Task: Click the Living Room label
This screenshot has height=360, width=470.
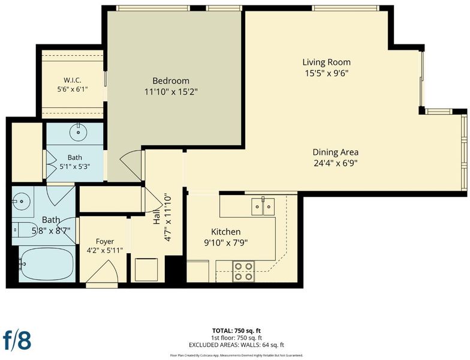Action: tap(326, 62)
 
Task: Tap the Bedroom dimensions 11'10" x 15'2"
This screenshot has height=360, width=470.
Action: tap(171, 92)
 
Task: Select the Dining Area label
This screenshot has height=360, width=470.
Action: tap(336, 152)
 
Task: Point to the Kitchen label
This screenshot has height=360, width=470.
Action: tap(225, 232)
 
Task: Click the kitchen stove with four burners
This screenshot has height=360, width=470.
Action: tap(243, 271)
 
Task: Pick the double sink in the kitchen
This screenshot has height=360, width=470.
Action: tap(263, 206)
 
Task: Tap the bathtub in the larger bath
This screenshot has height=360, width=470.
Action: tap(47, 264)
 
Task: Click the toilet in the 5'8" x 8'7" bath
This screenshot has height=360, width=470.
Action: tap(24, 230)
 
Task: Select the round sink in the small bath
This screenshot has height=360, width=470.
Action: tap(78, 132)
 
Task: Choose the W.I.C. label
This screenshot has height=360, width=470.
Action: tap(72, 80)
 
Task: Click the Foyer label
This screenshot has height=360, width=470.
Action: tap(105, 241)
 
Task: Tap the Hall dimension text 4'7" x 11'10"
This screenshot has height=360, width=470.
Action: tap(167, 217)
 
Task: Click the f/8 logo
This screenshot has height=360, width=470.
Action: tap(17, 340)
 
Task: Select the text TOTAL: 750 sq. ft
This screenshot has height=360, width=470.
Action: tap(236, 331)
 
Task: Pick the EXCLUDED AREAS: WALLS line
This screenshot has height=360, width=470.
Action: tap(236, 345)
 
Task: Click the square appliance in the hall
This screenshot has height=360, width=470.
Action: tap(146, 269)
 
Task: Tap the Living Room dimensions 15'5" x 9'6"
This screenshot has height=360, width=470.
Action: tap(326, 73)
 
